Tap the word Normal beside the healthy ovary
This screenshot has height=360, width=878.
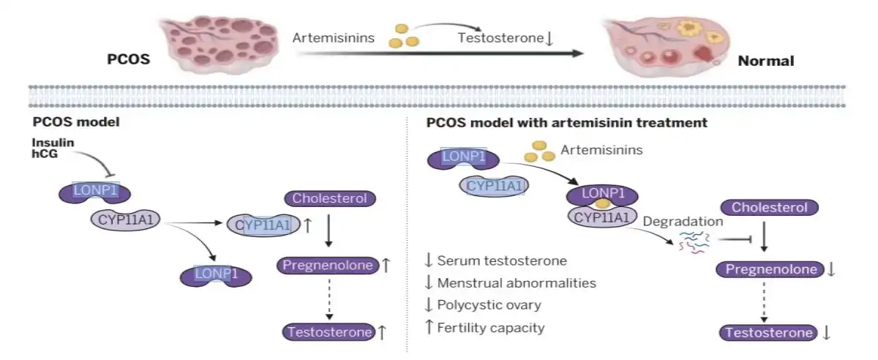click(x=766, y=61)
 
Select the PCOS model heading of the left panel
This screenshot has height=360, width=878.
click(x=76, y=122)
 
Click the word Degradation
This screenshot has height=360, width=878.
click(x=683, y=221)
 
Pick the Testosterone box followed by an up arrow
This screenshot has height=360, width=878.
click(x=329, y=331)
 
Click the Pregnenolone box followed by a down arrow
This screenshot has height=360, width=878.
click(x=771, y=270)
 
